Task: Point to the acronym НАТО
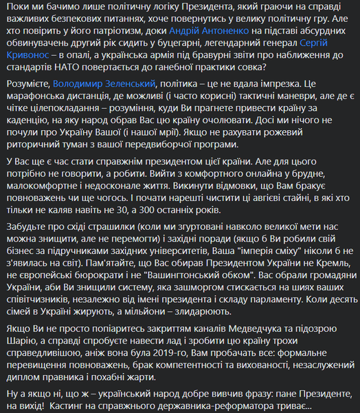click(73, 70)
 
